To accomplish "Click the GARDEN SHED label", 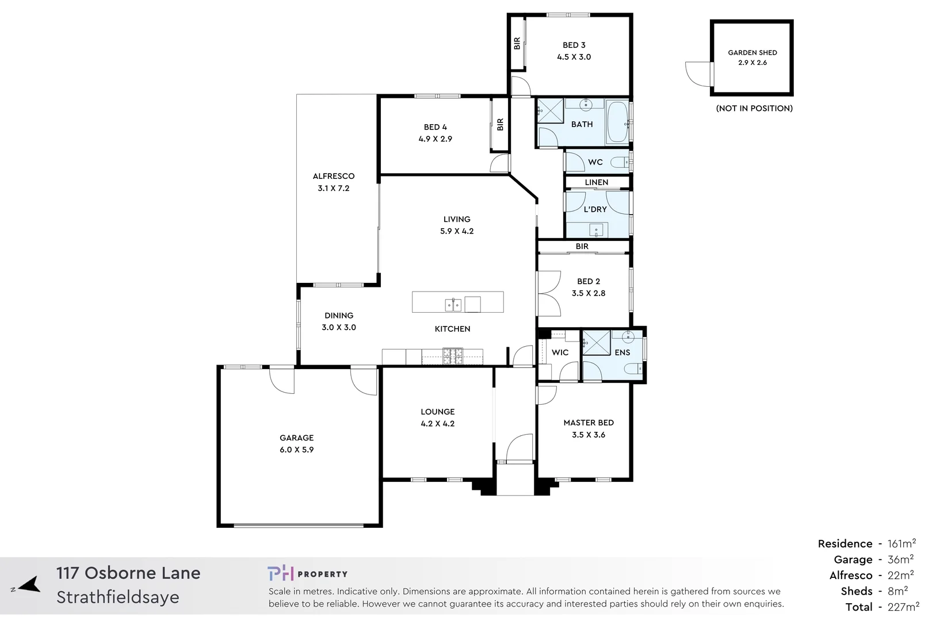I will [x=752, y=52].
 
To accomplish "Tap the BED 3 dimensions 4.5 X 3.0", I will [x=574, y=57].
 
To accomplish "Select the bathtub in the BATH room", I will [x=618, y=122].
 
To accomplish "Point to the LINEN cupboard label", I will [x=596, y=182].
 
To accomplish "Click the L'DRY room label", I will [x=595, y=209].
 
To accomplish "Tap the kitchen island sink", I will [x=453, y=305].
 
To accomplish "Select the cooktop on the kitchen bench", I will [x=452, y=356].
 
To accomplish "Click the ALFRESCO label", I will [x=334, y=176].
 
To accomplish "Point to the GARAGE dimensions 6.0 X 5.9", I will [x=296, y=450].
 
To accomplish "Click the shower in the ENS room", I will [x=597, y=343].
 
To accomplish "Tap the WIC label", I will [x=560, y=352].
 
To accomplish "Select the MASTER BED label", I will [x=589, y=423].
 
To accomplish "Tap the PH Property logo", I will [x=307, y=573].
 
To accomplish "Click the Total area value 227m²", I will [x=903, y=607].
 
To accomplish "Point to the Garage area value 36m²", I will [x=900, y=559].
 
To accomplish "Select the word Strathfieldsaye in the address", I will [x=118, y=597].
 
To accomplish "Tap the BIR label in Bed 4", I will [x=500, y=124].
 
